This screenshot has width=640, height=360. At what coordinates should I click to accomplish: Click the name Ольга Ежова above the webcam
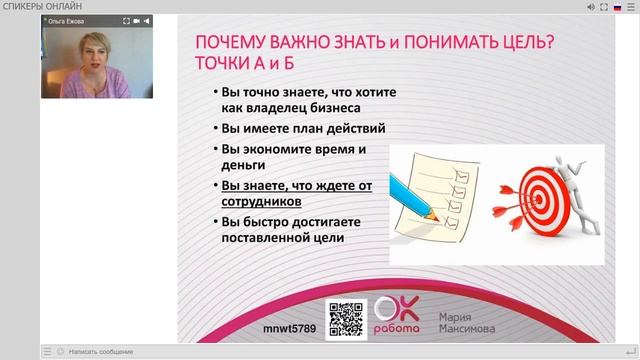click(x=69, y=20)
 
